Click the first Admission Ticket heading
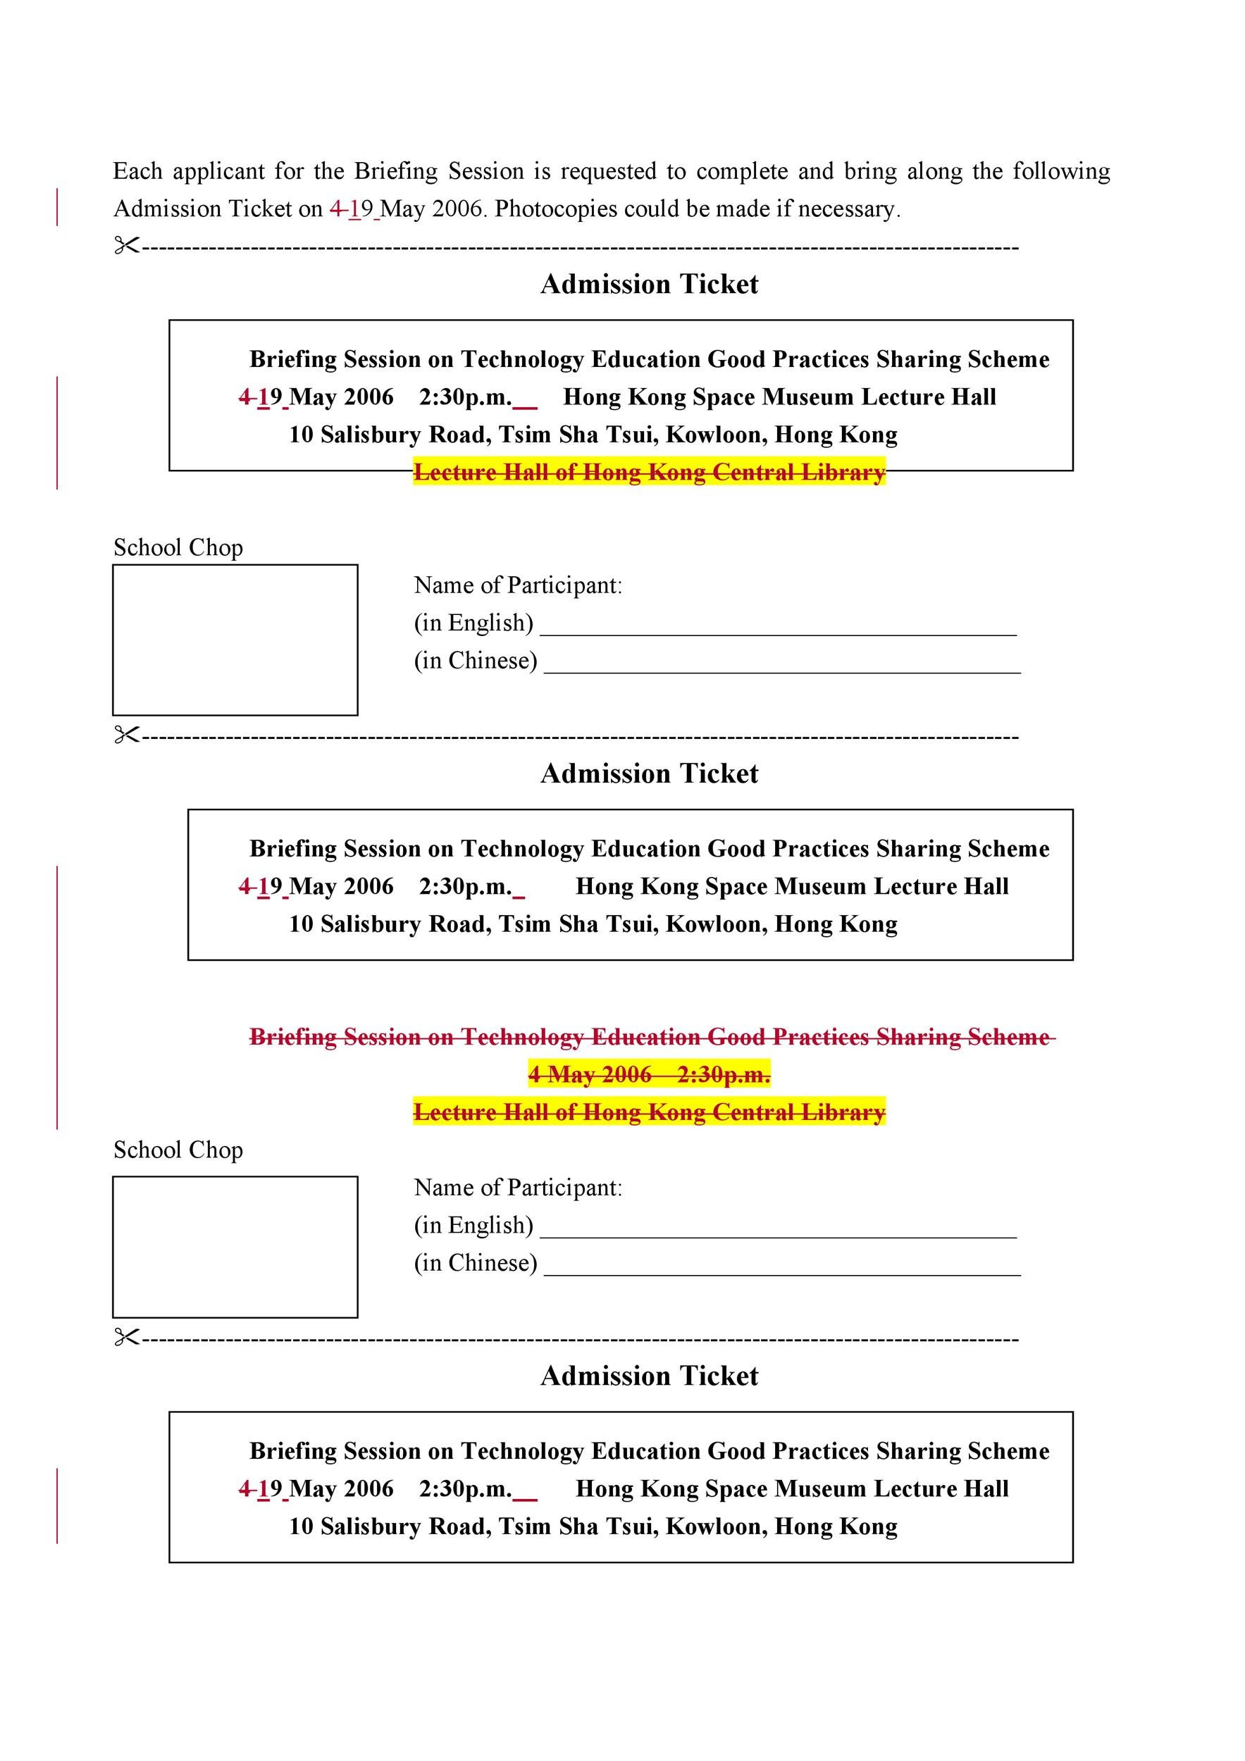(x=649, y=285)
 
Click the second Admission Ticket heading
(x=649, y=774)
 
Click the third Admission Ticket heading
(x=649, y=1376)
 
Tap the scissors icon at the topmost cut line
(x=127, y=247)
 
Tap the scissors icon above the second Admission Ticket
(x=127, y=735)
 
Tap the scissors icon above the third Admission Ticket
(x=127, y=1338)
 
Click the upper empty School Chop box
(x=235, y=640)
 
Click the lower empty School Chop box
(x=235, y=1246)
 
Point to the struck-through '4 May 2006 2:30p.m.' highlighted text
(x=649, y=1074)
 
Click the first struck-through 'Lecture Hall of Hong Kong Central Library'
(x=649, y=473)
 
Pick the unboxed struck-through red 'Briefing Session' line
(x=649, y=1037)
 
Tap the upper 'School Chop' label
(x=178, y=547)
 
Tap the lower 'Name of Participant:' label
(x=518, y=1188)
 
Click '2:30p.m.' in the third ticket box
(x=465, y=1488)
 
